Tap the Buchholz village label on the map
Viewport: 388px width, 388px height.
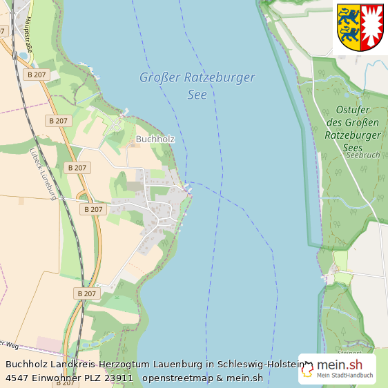(x=155, y=139)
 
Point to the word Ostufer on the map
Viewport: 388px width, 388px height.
(x=352, y=110)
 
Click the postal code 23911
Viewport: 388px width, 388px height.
(x=119, y=378)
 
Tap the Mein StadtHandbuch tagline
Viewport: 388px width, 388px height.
(x=345, y=376)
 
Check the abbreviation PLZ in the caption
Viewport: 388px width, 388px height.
(x=94, y=378)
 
